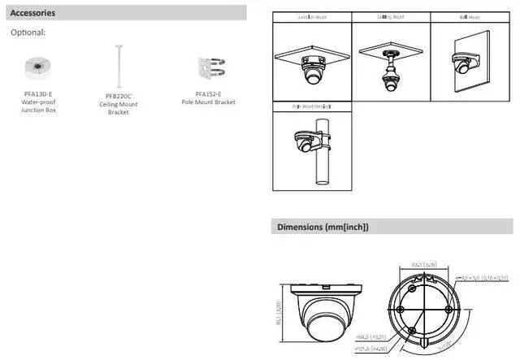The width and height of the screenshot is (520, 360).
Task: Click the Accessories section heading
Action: (x=33, y=13)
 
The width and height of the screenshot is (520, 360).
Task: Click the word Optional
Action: (x=28, y=33)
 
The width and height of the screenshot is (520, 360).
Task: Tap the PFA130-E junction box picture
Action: (x=37, y=67)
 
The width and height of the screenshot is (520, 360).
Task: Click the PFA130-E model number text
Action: (x=37, y=93)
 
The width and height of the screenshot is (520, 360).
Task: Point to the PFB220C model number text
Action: (x=118, y=96)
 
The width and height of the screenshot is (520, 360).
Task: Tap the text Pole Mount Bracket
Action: (x=208, y=102)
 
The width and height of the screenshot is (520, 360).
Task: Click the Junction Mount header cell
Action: (x=311, y=16)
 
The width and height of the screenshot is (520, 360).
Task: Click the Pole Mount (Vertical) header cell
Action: (x=311, y=106)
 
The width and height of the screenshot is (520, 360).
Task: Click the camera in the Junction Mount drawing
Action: (x=312, y=76)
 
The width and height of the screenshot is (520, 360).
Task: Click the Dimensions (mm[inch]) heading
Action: (x=323, y=227)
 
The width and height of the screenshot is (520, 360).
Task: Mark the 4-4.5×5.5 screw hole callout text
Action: (x=482, y=278)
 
